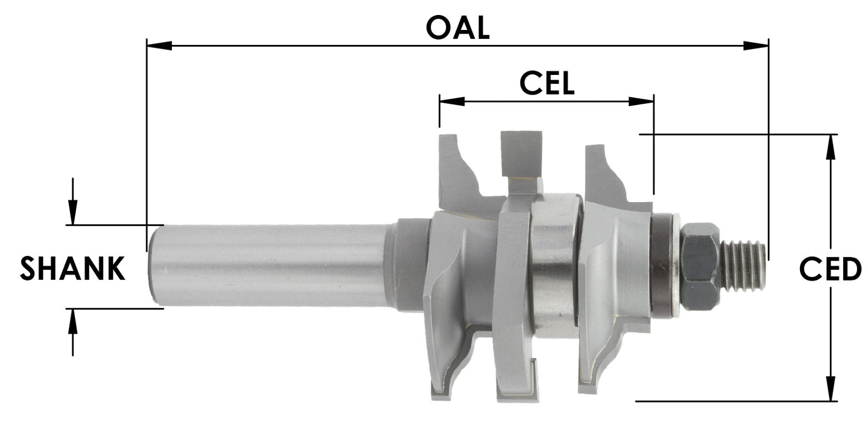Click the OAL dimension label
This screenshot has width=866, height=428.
point(458,28)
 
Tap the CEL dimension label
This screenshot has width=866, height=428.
point(547,83)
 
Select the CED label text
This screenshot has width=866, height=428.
point(830,269)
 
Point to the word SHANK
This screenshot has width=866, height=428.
point(73,269)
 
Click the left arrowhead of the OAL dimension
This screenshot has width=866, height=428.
point(159,45)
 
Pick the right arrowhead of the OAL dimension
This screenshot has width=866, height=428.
point(756,45)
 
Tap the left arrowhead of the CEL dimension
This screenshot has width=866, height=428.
point(452,101)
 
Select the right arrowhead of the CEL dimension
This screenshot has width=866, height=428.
point(641,101)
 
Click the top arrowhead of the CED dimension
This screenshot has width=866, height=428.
point(831,147)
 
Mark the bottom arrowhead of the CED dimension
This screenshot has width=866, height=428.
point(831,388)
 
